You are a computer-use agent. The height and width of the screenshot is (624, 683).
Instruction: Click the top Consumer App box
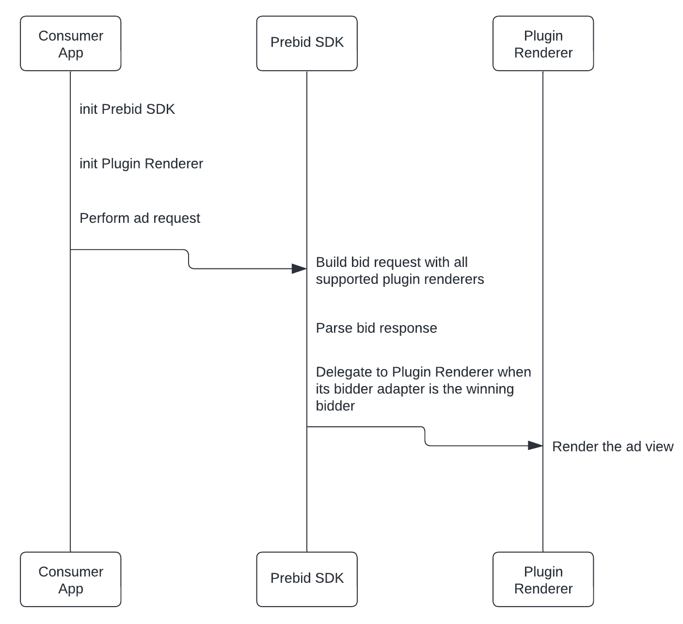tap(70, 44)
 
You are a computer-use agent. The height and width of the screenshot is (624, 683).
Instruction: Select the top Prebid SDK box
tap(307, 44)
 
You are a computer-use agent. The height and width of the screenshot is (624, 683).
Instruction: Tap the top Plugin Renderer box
tap(543, 44)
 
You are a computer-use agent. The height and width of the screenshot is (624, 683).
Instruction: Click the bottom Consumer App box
tap(70, 579)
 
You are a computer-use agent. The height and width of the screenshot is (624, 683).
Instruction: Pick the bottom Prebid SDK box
tap(307, 579)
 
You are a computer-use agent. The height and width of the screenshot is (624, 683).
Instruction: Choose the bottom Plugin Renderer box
tap(543, 579)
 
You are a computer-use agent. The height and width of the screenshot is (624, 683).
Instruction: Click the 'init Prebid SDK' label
tap(127, 109)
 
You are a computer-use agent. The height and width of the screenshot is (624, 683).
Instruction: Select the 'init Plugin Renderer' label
tap(141, 164)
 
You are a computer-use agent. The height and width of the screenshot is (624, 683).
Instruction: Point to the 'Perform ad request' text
tap(140, 218)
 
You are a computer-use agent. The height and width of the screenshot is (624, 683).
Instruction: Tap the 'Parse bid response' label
tap(376, 328)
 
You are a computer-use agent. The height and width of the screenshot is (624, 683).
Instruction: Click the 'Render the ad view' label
tap(613, 447)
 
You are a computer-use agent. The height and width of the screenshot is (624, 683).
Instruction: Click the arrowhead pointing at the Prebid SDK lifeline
tap(299, 269)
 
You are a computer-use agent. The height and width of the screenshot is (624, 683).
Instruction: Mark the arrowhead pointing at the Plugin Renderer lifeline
tap(535, 446)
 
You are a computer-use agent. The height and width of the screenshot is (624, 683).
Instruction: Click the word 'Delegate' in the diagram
tap(345, 372)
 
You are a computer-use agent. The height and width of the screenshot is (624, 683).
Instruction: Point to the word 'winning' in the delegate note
tap(490, 389)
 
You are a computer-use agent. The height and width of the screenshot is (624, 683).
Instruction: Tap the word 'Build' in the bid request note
tap(332, 263)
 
